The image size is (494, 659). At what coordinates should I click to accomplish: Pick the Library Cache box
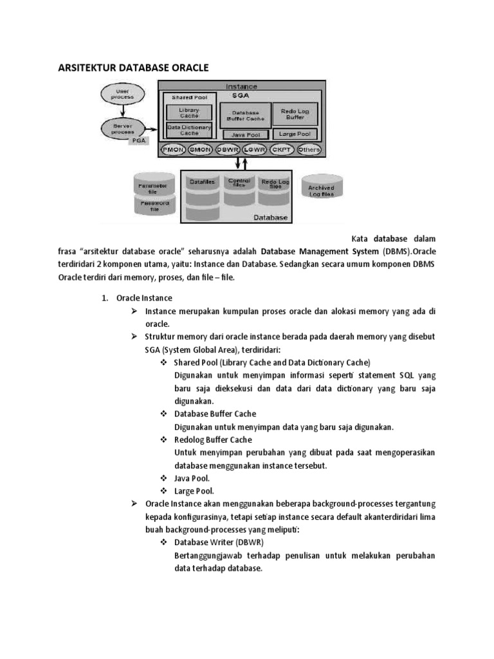click(x=185, y=112)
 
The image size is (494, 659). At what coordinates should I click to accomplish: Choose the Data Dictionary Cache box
click(x=185, y=129)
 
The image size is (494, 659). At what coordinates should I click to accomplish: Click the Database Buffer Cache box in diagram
click(x=244, y=115)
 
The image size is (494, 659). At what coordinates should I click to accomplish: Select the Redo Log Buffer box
click(x=295, y=114)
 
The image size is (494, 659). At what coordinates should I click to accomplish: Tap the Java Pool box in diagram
click(x=244, y=135)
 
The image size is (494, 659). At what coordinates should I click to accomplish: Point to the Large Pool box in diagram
click(x=295, y=134)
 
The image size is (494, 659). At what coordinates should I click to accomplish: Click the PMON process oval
click(x=172, y=149)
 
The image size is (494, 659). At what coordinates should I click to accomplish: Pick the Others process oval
click(x=309, y=149)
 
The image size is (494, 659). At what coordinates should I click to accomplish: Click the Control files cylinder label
click(x=239, y=183)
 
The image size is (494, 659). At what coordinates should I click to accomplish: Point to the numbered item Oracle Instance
click(x=144, y=299)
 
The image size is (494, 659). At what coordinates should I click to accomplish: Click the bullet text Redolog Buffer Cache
click(x=213, y=440)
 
